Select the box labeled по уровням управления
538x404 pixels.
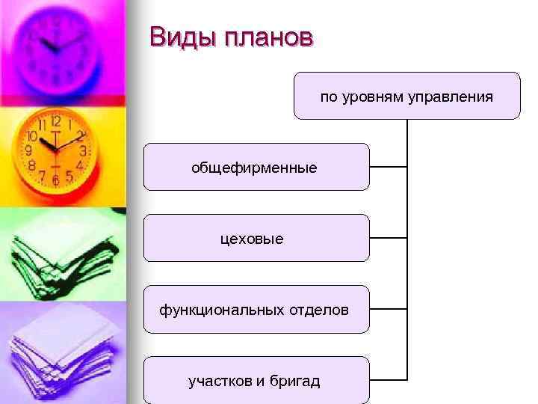tap(406, 96)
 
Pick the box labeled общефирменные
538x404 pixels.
tap(256, 167)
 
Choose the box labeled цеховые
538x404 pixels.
tap(256, 238)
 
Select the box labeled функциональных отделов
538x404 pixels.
tap(256, 309)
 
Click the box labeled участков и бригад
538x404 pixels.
tap(256, 380)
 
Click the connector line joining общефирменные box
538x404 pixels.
tap(389, 166)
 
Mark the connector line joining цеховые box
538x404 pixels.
tap(389, 237)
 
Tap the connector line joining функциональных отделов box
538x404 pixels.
tap(389, 308)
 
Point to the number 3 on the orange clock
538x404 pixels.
tap(83, 151)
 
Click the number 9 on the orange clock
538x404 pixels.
tap(28, 150)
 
